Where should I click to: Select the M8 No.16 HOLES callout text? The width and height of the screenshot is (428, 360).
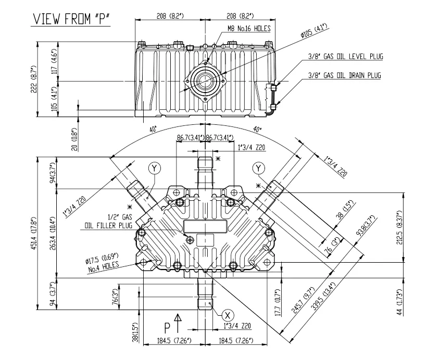point(248,29)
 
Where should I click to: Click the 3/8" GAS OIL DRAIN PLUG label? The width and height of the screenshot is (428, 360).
point(344,75)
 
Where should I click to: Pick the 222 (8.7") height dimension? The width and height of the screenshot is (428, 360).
point(33,80)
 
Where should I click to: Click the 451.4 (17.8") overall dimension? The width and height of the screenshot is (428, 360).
point(34,232)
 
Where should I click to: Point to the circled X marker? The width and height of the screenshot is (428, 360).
point(227,315)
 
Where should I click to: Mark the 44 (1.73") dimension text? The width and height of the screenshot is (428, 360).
point(399,300)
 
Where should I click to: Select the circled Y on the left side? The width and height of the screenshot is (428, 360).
point(155,168)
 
